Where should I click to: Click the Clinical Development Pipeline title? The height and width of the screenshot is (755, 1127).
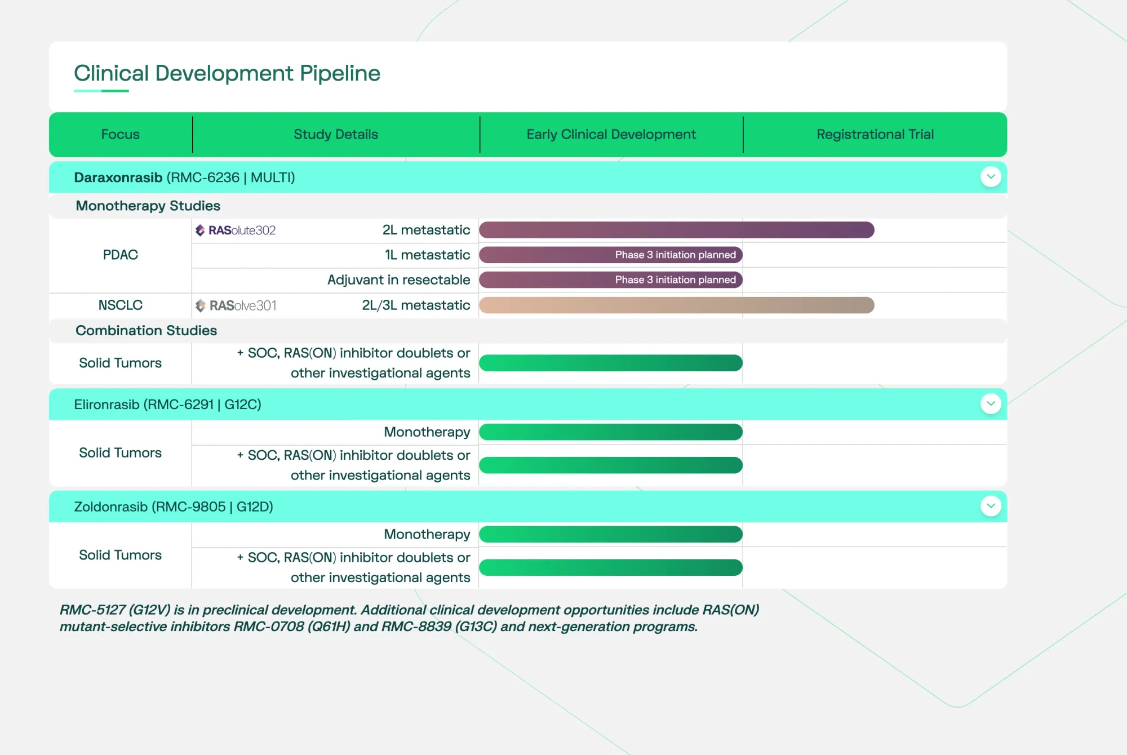227,73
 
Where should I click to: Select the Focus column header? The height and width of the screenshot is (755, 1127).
120,134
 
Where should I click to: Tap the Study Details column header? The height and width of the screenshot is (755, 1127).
336,134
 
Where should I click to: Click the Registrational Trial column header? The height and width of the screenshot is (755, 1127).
875,134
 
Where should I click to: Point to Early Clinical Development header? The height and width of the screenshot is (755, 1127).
611,134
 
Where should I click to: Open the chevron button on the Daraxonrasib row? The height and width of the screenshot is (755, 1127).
991,177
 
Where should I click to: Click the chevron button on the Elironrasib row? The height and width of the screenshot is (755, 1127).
991,404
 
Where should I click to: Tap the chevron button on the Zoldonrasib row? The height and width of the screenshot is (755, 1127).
991,506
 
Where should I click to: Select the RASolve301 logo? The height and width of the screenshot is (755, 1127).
236,305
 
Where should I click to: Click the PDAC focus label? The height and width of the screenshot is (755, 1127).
120,255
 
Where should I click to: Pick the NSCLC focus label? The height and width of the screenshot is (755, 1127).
120,305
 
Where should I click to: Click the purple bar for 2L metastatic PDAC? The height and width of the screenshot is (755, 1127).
676,230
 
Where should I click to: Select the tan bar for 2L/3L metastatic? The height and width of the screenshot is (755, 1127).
676,305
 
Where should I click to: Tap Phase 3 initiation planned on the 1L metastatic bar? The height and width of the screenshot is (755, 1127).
675,255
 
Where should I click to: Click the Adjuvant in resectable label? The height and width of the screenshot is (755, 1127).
398,279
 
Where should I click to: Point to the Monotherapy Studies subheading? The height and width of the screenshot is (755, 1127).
148,206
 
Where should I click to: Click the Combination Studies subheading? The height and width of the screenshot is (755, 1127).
146,330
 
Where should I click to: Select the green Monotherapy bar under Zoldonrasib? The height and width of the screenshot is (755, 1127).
611,534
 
